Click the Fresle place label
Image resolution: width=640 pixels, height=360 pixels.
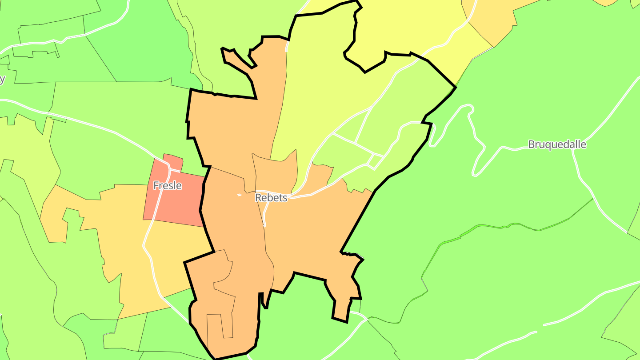(168, 185)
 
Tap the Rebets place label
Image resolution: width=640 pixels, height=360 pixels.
(271, 198)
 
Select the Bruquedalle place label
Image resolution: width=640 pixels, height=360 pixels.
(557, 144)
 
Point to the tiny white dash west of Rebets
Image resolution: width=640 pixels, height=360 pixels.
(240, 195)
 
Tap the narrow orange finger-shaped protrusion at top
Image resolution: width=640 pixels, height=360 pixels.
(238, 60)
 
